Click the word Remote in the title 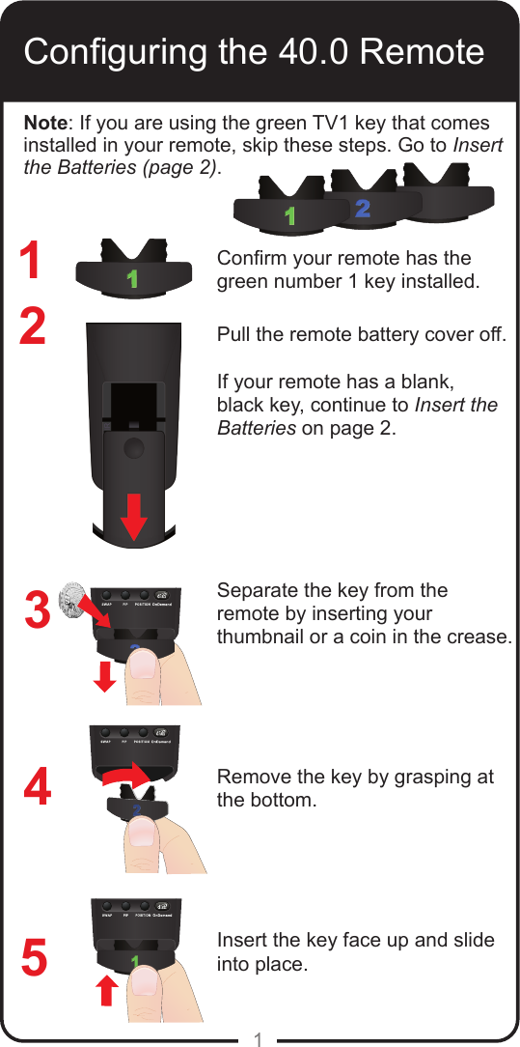[x=421, y=51]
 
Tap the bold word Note [x=44, y=125]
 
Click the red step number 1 [x=33, y=262]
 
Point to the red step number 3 [x=37, y=610]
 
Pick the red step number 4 [x=37, y=788]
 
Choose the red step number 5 [x=35, y=959]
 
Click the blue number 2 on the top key [x=362, y=208]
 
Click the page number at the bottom [x=259, y=1038]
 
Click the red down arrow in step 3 [x=106, y=678]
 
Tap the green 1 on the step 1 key [x=132, y=279]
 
